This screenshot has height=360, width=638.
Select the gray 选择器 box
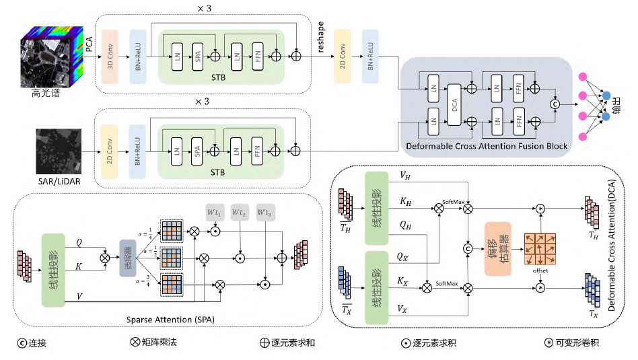point(128,258)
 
